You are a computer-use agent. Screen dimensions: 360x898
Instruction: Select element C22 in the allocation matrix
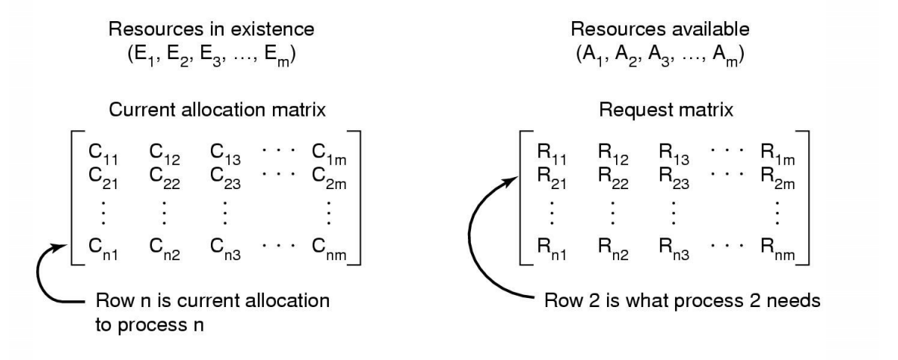162,180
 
